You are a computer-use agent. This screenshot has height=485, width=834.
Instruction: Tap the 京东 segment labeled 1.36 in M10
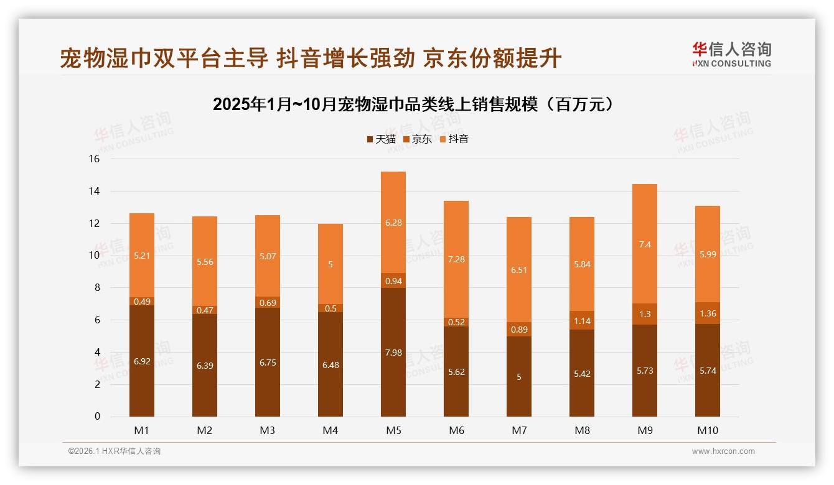(708, 313)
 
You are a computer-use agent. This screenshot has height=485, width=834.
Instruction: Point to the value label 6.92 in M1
(142, 360)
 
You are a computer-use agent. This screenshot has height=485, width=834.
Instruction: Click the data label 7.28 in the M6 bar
(456, 259)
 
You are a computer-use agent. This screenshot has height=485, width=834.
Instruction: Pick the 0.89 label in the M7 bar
(519, 330)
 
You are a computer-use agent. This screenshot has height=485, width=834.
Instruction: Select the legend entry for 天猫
(381, 139)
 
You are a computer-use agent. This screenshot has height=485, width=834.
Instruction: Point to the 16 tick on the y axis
(94, 159)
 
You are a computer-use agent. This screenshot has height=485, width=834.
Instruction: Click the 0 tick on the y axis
(97, 417)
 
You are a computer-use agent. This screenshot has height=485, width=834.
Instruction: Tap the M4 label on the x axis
(330, 430)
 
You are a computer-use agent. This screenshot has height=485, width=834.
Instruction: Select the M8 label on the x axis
(582, 430)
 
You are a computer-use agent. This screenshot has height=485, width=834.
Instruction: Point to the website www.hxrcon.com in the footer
(723, 451)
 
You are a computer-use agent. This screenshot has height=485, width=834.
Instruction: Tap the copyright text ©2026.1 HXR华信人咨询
(115, 451)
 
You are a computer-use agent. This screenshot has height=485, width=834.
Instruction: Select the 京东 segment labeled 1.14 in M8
(582, 321)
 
